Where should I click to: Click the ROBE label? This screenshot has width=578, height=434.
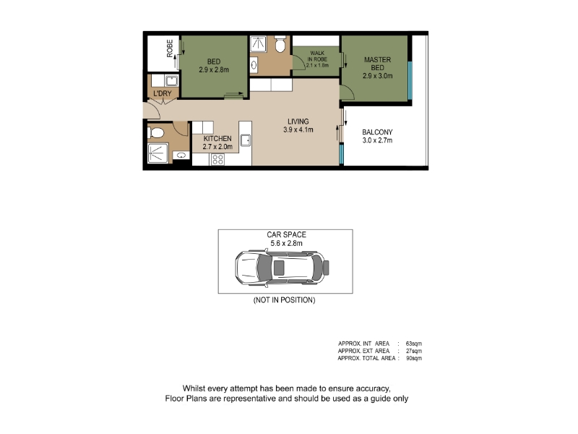pyautogui.click(x=170, y=48)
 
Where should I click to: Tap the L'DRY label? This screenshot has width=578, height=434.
pyautogui.click(x=163, y=93)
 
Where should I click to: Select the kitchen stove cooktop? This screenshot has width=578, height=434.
pyautogui.click(x=217, y=159)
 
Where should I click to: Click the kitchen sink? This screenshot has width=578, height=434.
pyautogui.click(x=246, y=140)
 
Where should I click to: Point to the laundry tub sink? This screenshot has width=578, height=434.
pyautogui.click(x=171, y=81)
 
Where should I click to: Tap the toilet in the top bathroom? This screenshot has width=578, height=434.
pyautogui.click(x=280, y=44)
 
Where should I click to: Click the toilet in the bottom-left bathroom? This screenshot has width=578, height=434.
pyautogui.click(x=155, y=132)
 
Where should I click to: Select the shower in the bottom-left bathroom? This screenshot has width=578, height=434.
pyautogui.click(x=158, y=153)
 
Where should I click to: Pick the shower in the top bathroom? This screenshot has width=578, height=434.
pyautogui.click(x=258, y=44)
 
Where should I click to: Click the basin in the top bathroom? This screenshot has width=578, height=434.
pyautogui.click(x=254, y=65)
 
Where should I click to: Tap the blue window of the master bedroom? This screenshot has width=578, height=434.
pyautogui.click(x=410, y=80)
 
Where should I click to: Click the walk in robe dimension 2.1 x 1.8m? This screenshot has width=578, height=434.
pyautogui.click(x=317, y=65)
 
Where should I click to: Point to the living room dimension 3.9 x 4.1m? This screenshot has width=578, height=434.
pyautogui.click(x=298, y=129)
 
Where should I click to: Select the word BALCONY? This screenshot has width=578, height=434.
pyautogui.click(x=377, y=132)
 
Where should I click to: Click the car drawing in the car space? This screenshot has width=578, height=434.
pyautogui.click(x=282, y=268)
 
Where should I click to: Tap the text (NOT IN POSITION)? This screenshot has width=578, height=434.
pyautogui.click(x=284, y=300)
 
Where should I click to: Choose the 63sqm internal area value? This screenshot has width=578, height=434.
pyautogui.click(x=413, y=344)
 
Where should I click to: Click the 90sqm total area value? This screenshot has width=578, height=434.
pyautogui.click(x=413, y=358)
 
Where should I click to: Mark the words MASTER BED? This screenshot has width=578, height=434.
pyautogui.click(x=377, y=64)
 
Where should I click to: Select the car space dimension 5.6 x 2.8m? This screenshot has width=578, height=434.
pyautogui.click(x=286, y=243)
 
